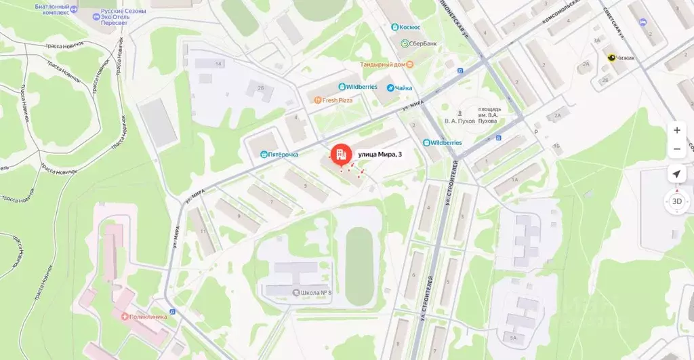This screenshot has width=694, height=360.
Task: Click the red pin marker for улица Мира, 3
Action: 340,155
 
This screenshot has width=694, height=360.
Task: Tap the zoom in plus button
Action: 676,130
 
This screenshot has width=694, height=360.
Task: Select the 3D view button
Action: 676,201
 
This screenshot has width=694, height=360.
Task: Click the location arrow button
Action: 676,174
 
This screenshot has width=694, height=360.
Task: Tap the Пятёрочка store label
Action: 279,155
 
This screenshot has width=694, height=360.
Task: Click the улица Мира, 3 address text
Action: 380,155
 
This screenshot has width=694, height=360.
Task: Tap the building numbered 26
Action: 261,87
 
